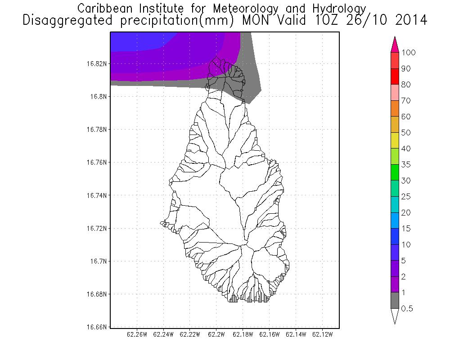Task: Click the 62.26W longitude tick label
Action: point(137,335)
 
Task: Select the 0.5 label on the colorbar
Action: point(408,309)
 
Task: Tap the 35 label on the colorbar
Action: point(406,165)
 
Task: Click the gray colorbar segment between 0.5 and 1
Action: point(395,301)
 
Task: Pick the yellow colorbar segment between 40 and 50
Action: point(395,140)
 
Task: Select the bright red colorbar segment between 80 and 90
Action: point(395,76)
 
